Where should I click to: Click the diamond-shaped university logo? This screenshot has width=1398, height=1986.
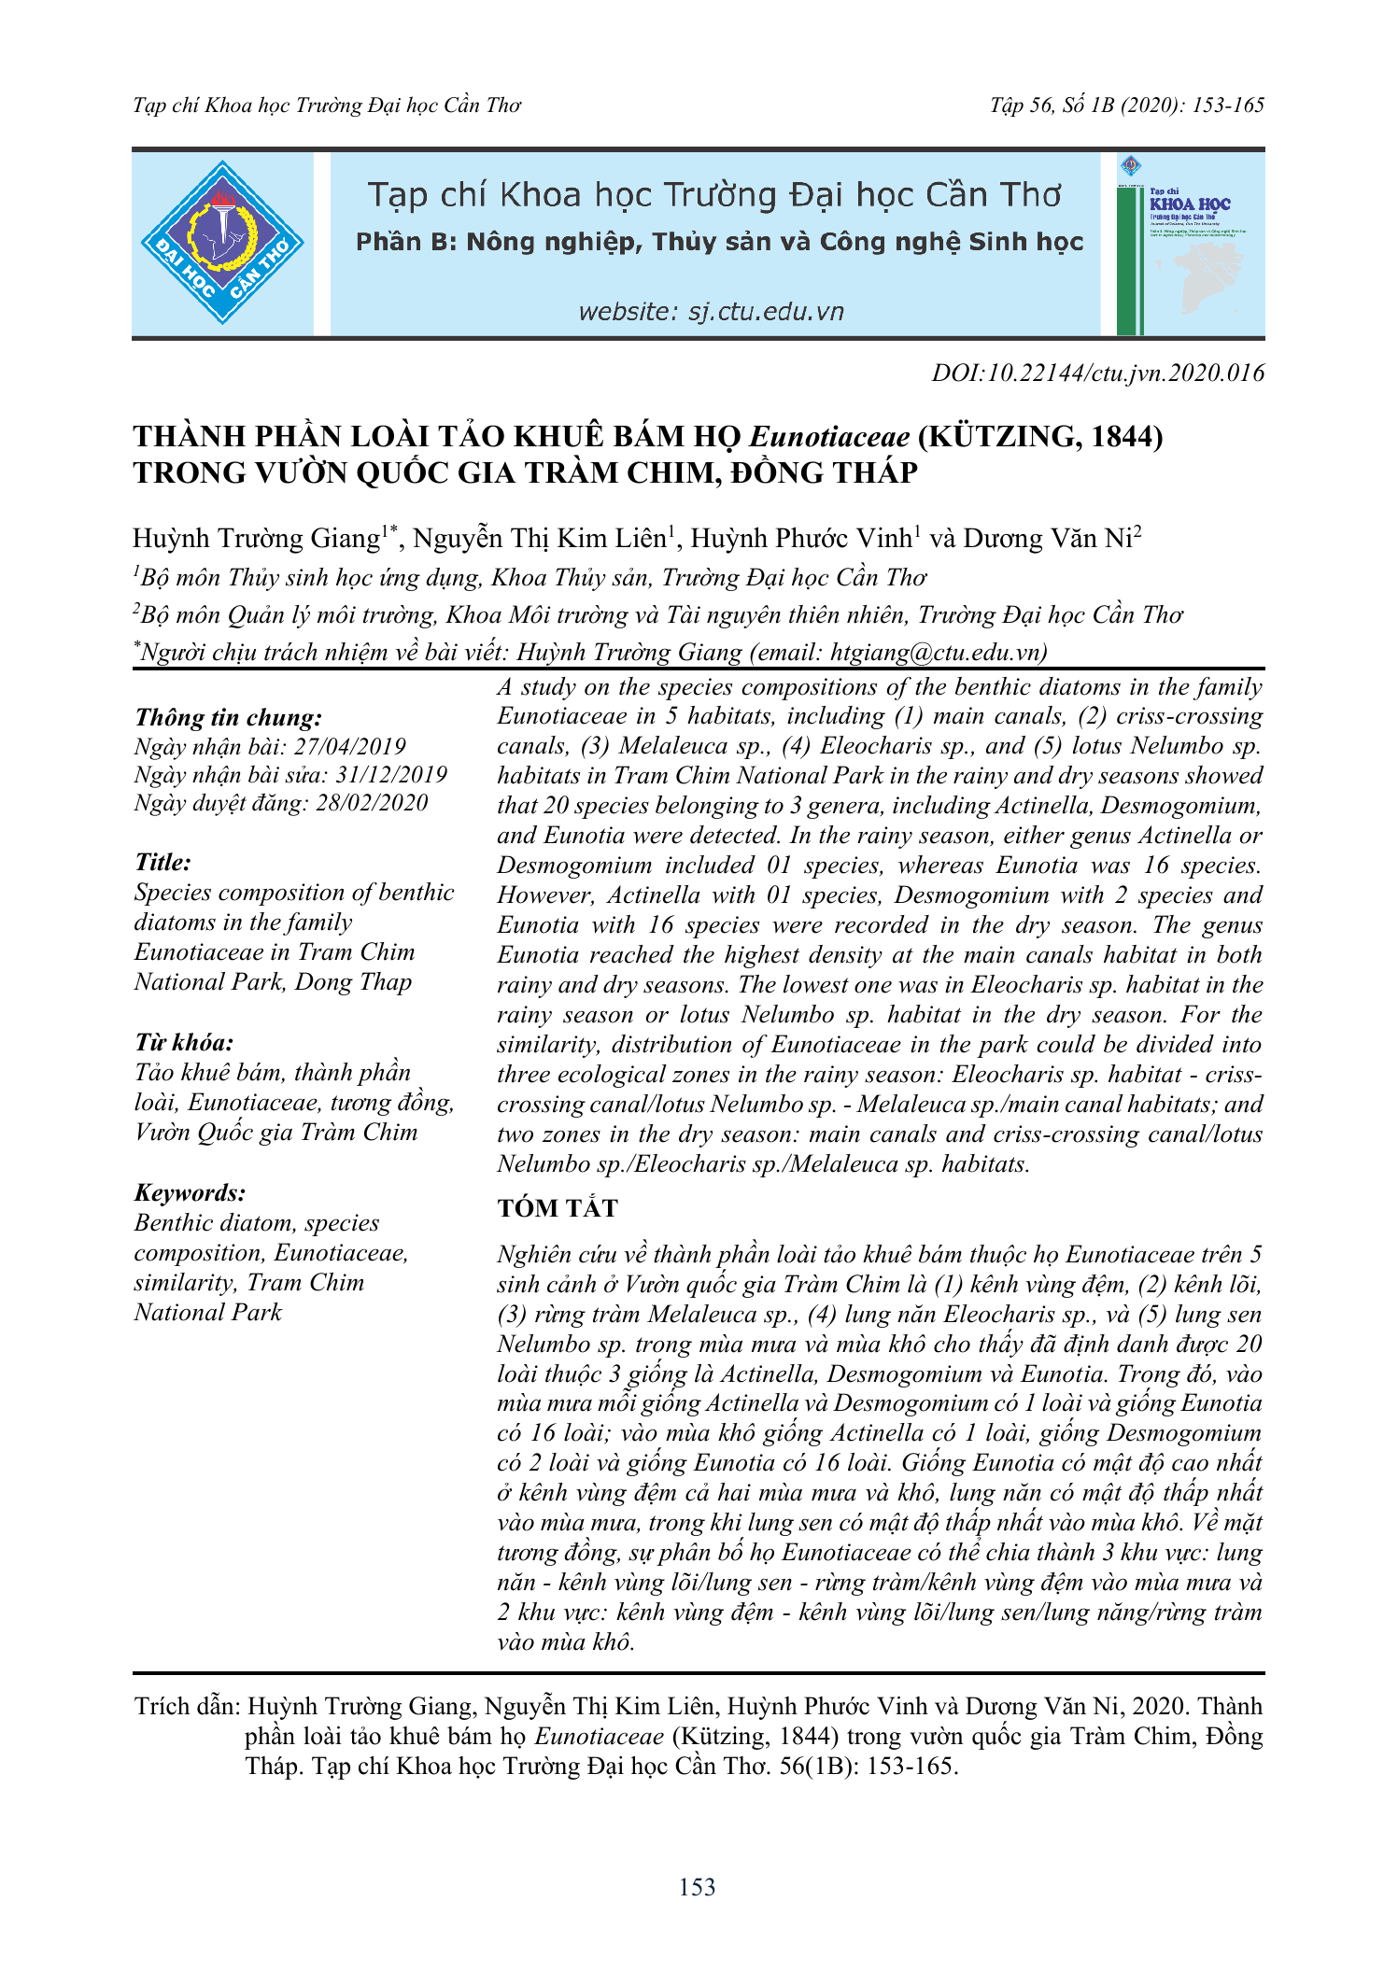222,243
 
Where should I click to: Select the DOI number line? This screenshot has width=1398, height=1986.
1097,373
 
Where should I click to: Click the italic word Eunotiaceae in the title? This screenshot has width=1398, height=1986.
829,437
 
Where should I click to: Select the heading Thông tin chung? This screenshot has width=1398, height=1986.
228,717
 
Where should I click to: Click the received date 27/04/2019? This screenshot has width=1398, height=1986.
350,747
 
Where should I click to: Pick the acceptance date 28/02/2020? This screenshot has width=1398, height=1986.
372,803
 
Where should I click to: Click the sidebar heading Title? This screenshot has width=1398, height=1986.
162,862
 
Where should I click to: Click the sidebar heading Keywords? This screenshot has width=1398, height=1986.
190,1192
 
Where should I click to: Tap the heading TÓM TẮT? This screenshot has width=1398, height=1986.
558,1208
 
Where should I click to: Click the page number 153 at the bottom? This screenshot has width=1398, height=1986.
698,1887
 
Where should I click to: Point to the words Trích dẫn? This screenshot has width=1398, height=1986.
187,1707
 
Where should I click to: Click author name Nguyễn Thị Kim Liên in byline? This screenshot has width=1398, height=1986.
540,539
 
